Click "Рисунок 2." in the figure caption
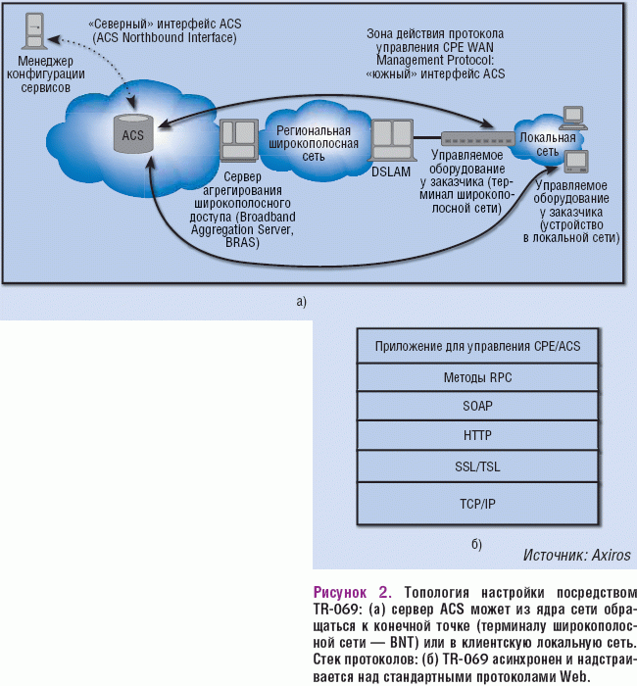click(x=351, y=593)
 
